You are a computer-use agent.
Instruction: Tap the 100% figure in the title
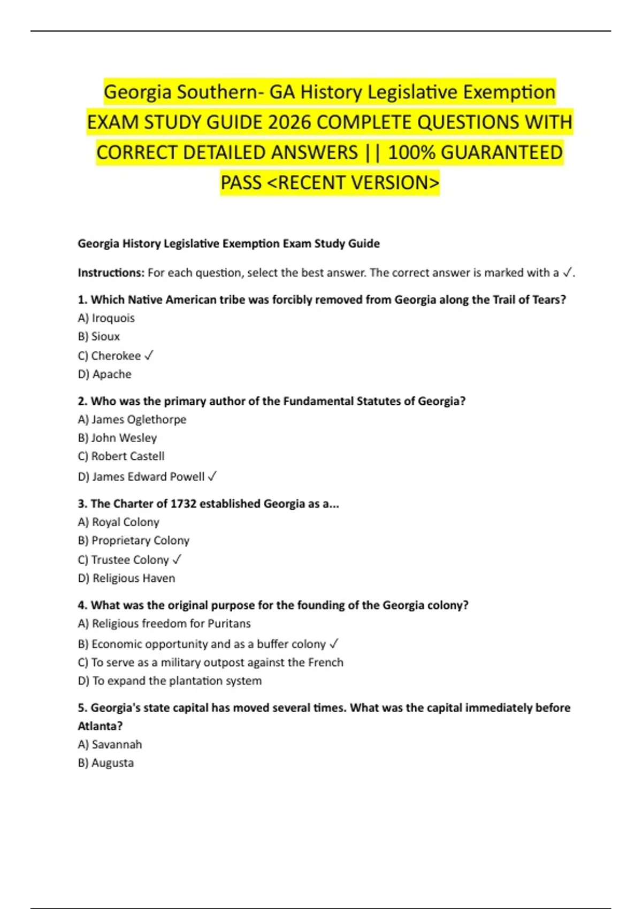pyautogui.click(x=411, y=153)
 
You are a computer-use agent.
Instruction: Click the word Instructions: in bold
pyautogui.click(x=111, y=273)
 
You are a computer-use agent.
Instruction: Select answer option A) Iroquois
pyautogui.click(x=106, y=318)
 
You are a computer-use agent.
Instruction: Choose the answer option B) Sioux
pyautogui.click(x=98, y=336)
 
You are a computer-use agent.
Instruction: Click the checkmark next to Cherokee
pyautogui.click(x=149, y=356)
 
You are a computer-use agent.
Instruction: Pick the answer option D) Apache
pyautogui.click(x=104, y=374)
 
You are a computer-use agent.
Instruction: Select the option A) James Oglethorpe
pyautogui.click(x=132, y=420)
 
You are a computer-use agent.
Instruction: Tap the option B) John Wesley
pyautogui.click(x=117, y=438)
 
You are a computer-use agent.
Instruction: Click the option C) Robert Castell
pyautogui.click(x=121, y=456)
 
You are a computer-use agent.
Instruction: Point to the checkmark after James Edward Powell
pyautogui.click(x=212, y=476)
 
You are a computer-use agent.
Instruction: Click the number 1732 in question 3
pyautogui.click(x=184, y=504)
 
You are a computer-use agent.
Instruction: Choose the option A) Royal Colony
pyautogui.click(x=118, y=522)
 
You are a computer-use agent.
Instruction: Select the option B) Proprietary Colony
pyautogui.click(x=133, y=541)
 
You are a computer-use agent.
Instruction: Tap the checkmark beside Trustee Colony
pyautogui.click(x=177, y=560)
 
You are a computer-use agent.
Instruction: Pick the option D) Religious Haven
pyautogui.click(x=126, y=578)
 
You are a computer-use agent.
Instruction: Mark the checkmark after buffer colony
pyautogui.click(x=334, y=644)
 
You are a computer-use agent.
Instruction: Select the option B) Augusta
pyautogui.click(x=105, y=763)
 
